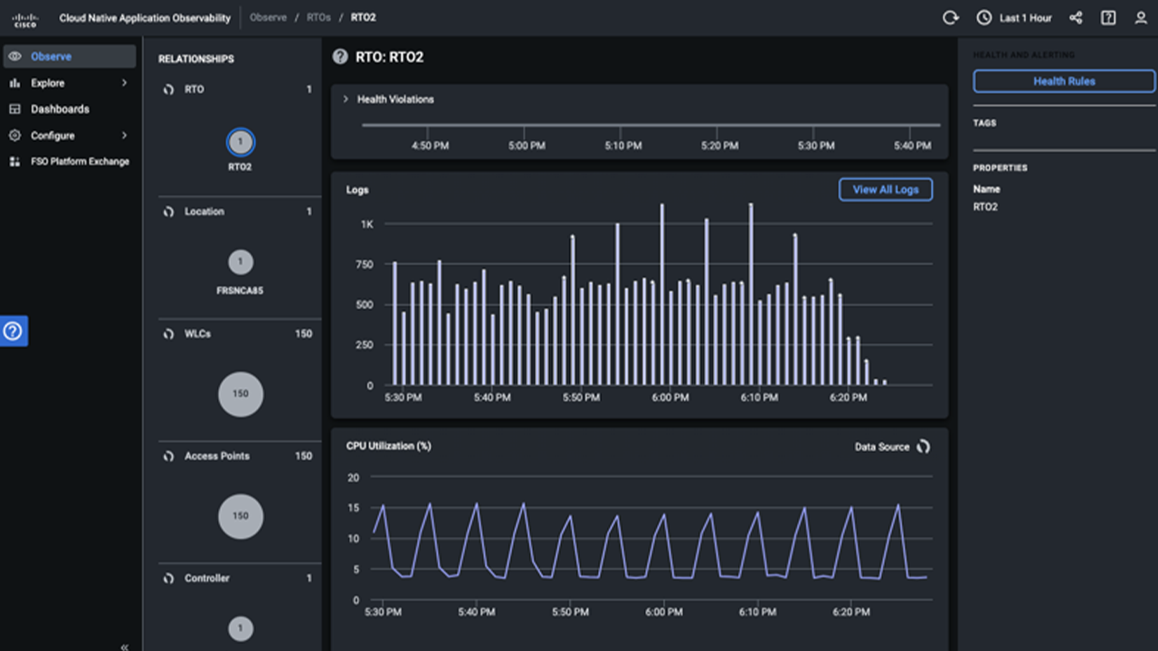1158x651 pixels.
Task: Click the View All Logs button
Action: (885, 190)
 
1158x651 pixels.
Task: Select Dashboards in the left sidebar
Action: (60, 109)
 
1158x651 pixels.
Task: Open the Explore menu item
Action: (48, 83)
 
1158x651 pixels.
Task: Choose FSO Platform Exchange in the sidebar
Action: (80, 162)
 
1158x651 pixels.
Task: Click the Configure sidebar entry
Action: (52, 136)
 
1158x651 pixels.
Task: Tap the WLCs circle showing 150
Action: (241, 394)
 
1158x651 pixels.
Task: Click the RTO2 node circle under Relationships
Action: (241, 142)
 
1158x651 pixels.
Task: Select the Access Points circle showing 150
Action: (241, 516)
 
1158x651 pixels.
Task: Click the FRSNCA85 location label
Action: (241, 291)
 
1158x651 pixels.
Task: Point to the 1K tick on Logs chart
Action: (367, 224)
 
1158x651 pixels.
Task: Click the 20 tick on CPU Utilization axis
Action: (353, 477)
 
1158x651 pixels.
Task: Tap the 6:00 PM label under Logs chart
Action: (670, 398)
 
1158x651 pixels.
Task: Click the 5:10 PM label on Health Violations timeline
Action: (623, 146)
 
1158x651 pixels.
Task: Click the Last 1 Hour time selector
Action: (1015, 18)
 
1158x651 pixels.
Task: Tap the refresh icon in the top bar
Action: (950, 18)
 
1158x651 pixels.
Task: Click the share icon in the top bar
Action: (1076, 18)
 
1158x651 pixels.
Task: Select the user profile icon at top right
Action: (1141, 18)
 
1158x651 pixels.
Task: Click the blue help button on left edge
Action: (14, 331)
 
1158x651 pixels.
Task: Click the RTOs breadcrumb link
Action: (318, 18)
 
